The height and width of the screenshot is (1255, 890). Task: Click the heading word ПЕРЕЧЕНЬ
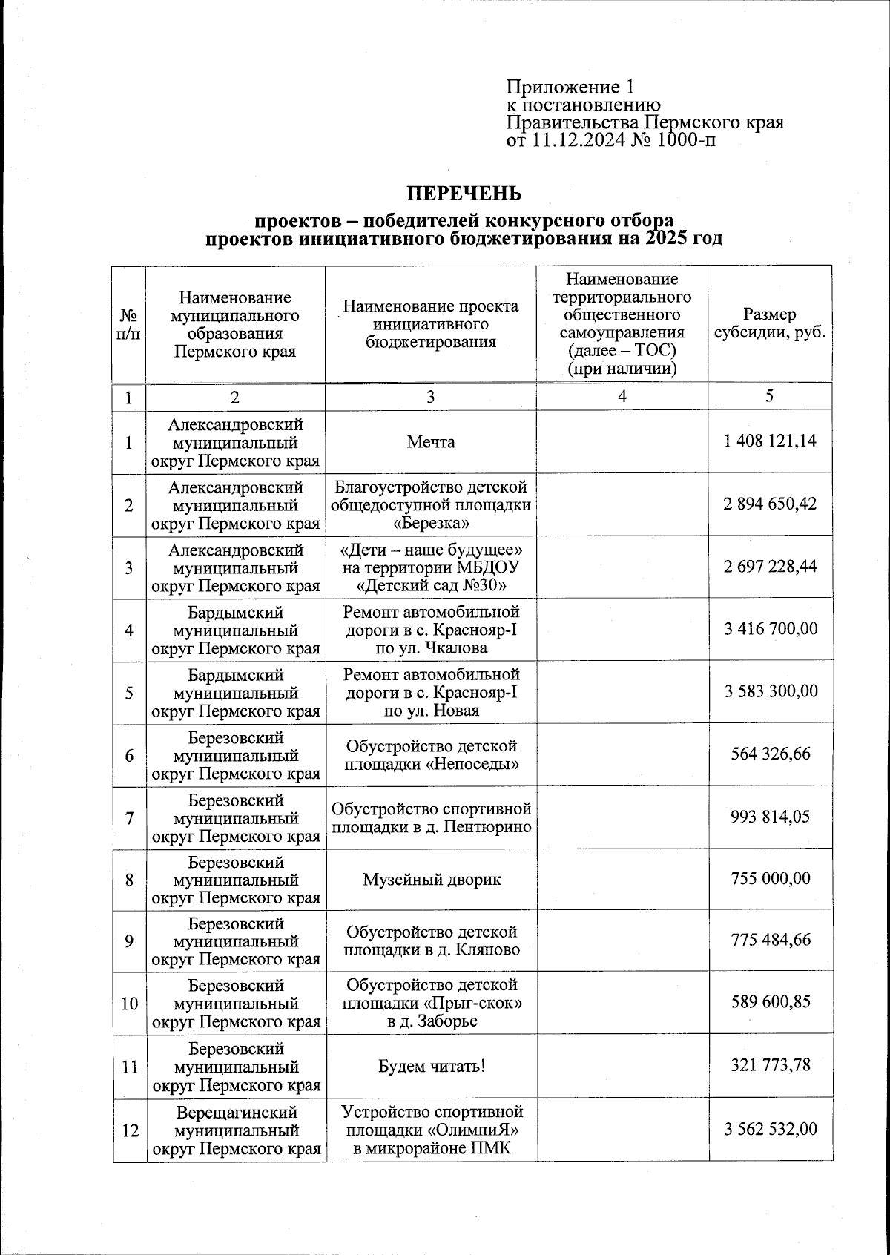point(464,194)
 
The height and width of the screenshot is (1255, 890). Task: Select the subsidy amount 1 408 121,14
point(770,441)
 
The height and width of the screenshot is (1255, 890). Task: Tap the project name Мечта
point(430,442)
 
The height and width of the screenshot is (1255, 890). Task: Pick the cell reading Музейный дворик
point(431,880)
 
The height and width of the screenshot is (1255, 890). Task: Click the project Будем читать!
point(431,1067)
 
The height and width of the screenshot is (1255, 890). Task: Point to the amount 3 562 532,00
point(771,1130)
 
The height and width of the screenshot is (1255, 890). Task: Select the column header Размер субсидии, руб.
point(769,323)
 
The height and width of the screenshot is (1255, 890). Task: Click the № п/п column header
point(128,324)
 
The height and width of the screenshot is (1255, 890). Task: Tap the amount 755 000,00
point(771,879)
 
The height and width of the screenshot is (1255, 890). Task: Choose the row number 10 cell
point(129,1004)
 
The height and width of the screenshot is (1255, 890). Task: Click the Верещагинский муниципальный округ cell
point(237,1130)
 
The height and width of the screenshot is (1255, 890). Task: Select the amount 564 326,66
point(771,754)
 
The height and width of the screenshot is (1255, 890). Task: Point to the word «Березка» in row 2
point(431,524)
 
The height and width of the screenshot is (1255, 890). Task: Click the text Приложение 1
point(570,87)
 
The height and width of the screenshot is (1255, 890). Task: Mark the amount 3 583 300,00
point(771,691)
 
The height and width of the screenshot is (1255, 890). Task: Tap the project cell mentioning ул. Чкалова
point(431,630)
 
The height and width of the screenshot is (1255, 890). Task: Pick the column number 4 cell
point(622,397)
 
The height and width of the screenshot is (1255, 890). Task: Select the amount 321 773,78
point(771,1066)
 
